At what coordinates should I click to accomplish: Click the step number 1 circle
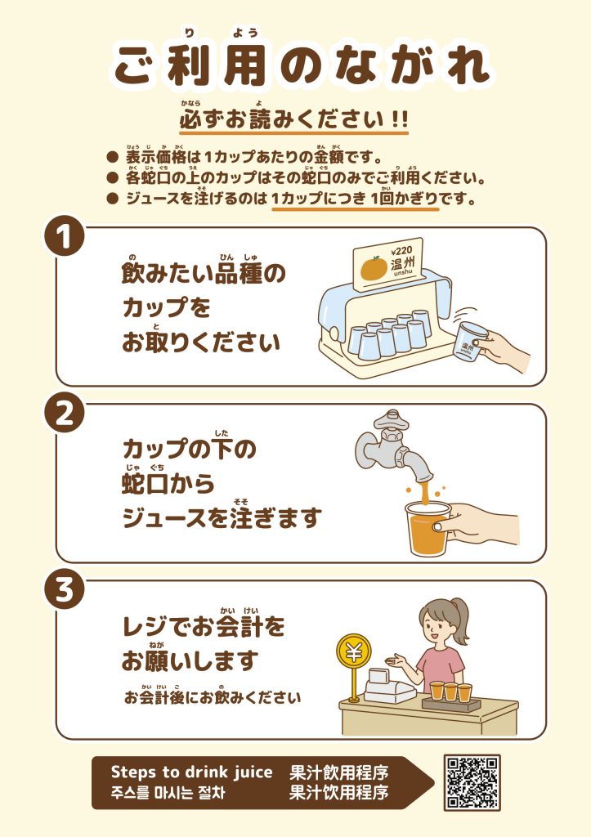coord(64,237)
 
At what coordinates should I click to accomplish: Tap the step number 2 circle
coord(64,414)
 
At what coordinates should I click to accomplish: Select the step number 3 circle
coord(64,590)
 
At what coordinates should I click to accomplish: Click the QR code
coord(472,781)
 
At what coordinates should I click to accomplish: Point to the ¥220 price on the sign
coord(402,251)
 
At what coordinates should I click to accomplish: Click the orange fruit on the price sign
coord(374,268)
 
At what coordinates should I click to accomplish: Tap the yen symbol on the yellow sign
coord(353,651)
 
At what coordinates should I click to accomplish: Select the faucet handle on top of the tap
coord(393,420)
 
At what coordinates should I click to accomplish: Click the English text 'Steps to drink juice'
coord(191,772)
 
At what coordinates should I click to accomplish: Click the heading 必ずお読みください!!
coord(293,119)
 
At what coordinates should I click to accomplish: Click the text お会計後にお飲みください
coord(213,697)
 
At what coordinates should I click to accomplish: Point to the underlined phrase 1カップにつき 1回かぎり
coord(355,199)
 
